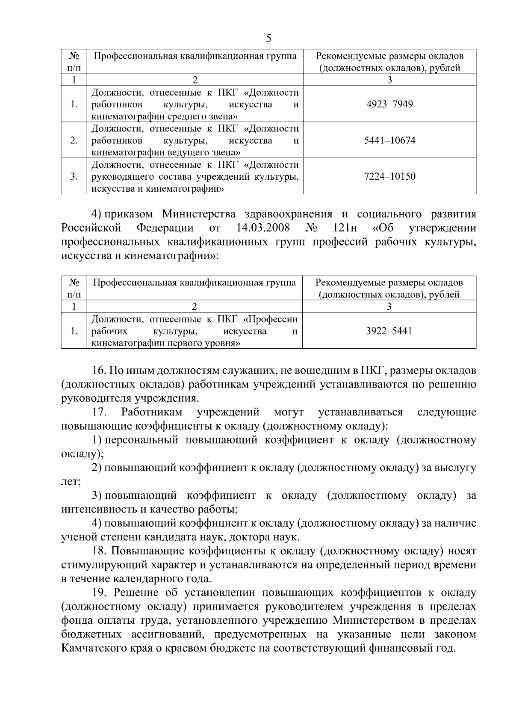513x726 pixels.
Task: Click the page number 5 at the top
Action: (268, 39)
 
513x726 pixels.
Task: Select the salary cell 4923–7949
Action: (389, 104)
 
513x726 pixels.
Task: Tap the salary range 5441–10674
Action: (389, 141)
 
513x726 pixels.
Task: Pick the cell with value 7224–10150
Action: (389, 177)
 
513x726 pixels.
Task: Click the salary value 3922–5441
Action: (389, 331)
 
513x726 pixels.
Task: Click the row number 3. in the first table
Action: (74, 177)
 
